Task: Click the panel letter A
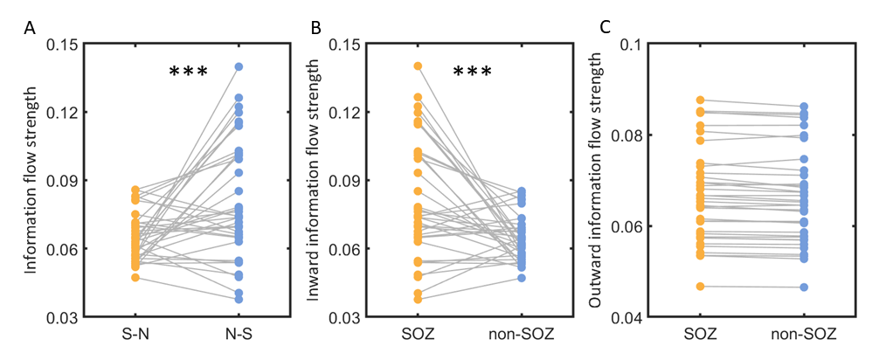[29, 28]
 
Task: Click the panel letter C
[605, 28]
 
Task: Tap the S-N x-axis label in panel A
[135, 335]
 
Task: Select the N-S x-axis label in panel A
[239, 335]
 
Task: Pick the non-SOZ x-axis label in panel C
[804, 335]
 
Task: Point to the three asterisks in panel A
[189, 73]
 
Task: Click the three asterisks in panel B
[472, 73]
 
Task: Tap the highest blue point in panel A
[239, 66]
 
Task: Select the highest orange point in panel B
[418, 66]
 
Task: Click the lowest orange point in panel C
[700, 287]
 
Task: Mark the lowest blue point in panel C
[804, 287]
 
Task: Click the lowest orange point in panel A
[135, 278]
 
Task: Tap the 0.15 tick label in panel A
[64, 44]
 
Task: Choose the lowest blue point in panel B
[523, 278]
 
